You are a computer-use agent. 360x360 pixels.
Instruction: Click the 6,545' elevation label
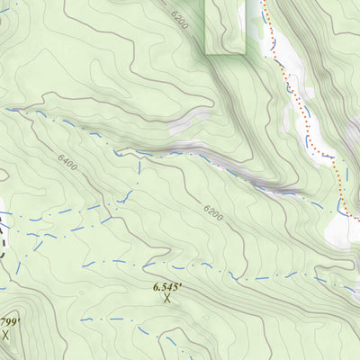[167, 286]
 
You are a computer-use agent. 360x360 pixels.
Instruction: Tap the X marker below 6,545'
[167, 298]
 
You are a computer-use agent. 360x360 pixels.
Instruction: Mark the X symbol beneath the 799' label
[5, 334]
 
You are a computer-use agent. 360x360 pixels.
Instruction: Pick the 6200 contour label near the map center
[211, 212]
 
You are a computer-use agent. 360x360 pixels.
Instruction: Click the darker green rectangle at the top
[225, 25]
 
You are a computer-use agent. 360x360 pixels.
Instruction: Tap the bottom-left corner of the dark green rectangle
[206, 52]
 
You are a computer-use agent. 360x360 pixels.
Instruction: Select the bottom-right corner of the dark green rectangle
[245, 52]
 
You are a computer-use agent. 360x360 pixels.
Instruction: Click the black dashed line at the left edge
[4, 236]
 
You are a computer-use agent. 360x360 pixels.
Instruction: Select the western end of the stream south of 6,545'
[83, 319]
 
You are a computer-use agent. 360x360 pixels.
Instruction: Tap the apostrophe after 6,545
[183, 283]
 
